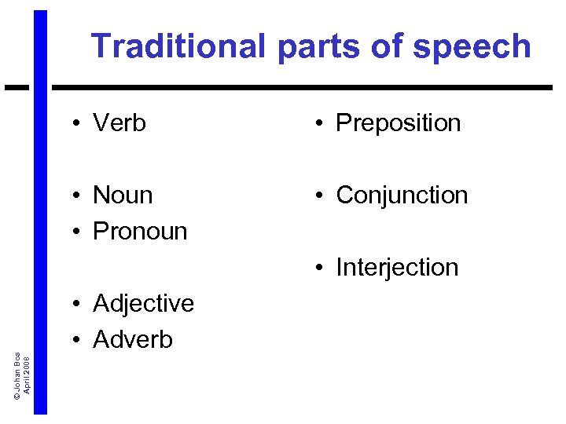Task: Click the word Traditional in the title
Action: pos(178,46)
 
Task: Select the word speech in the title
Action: pos(472,48)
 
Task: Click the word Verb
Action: pos(119,123)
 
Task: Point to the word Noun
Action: pos(123,196)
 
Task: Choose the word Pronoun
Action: pos(140,232)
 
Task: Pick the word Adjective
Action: pos(143,304)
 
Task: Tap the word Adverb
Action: pos(133,340)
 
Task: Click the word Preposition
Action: pos(398,123)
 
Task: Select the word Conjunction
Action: pos(402,196)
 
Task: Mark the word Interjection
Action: pos(397,268)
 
